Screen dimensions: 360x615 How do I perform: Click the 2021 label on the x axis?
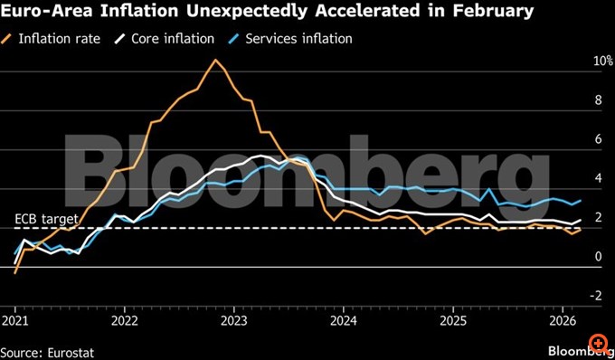(14, 321)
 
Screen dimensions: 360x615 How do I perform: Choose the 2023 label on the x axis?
(233, 321)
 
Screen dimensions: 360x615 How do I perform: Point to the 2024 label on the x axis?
(343, 321)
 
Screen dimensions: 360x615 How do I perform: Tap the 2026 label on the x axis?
(563, 321)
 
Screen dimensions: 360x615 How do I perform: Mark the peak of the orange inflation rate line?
(214, 60)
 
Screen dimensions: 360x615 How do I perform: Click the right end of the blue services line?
(580, 201)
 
